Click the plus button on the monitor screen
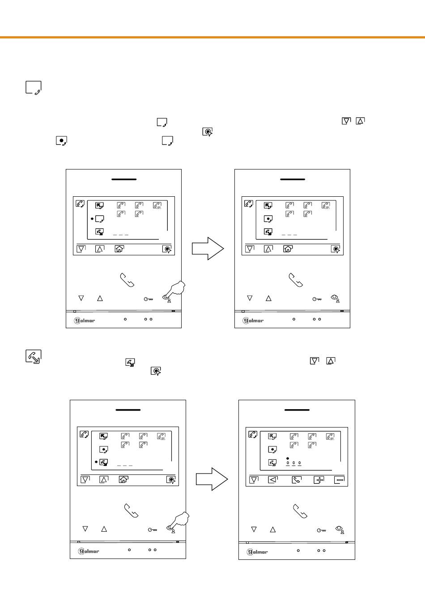(x=319, y=480)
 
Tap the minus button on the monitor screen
(x=340, y=480)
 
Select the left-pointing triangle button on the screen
(x=273, y=480)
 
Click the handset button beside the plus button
(x=296, y=480)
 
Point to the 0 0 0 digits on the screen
(x=293, y=463)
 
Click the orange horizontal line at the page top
(x=212, y=38)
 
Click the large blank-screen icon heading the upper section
(x=34, y=88)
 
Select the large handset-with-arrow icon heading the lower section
(x=34, y=356)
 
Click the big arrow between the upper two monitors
(x=208, y=249)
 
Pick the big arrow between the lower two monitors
(x=212, y=479)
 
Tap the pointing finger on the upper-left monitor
(x=175, y=290)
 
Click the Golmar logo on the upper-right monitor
(x=253, y=320)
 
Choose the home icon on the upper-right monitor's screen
(x=288, y=249)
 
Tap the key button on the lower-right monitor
(x=321, y=530)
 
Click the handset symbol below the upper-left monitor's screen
(x=127, y=280)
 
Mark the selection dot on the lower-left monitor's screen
(x=96, y=461)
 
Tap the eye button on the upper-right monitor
(x=336, y=298)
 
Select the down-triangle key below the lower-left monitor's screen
(x=85, y=529)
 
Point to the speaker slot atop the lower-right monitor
(x=297, y=410)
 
